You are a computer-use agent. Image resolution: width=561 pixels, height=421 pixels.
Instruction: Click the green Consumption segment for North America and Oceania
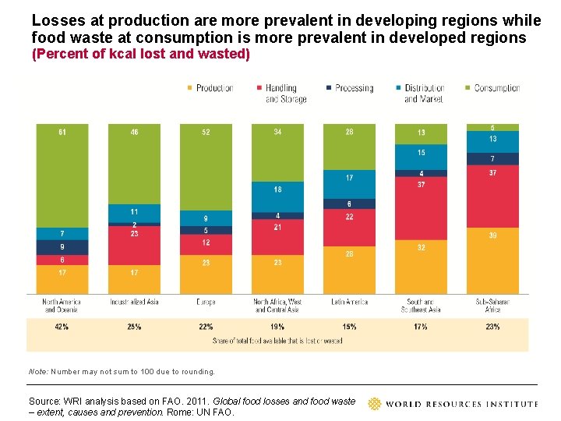(62, 175)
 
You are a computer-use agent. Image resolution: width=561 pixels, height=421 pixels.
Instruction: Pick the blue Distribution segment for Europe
(206, 218)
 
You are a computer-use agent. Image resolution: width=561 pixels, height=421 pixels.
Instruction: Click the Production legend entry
(210, 88)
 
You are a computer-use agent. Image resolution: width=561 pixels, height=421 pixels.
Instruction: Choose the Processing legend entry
(350, 88)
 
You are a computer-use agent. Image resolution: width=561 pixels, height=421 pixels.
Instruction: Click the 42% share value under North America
(62, 327)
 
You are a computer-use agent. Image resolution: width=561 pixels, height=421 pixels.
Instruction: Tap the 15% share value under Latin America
(349, 327)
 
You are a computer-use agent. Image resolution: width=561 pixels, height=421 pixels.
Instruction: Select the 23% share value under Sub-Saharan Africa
(492, 327)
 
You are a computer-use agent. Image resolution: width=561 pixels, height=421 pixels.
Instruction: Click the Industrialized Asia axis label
(134, 302)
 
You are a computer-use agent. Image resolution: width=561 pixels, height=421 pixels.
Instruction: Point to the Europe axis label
(206, 302)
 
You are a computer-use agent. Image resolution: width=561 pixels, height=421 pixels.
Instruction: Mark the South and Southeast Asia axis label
(421, 306)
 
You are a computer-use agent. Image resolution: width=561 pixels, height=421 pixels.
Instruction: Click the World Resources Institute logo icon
(375, 404)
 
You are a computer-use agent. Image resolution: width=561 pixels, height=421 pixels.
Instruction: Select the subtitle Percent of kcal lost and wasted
(140, 54)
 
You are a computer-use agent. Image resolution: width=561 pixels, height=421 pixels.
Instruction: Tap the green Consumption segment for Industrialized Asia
(134, 164)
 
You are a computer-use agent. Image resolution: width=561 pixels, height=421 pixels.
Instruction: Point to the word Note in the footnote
(37, 372)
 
